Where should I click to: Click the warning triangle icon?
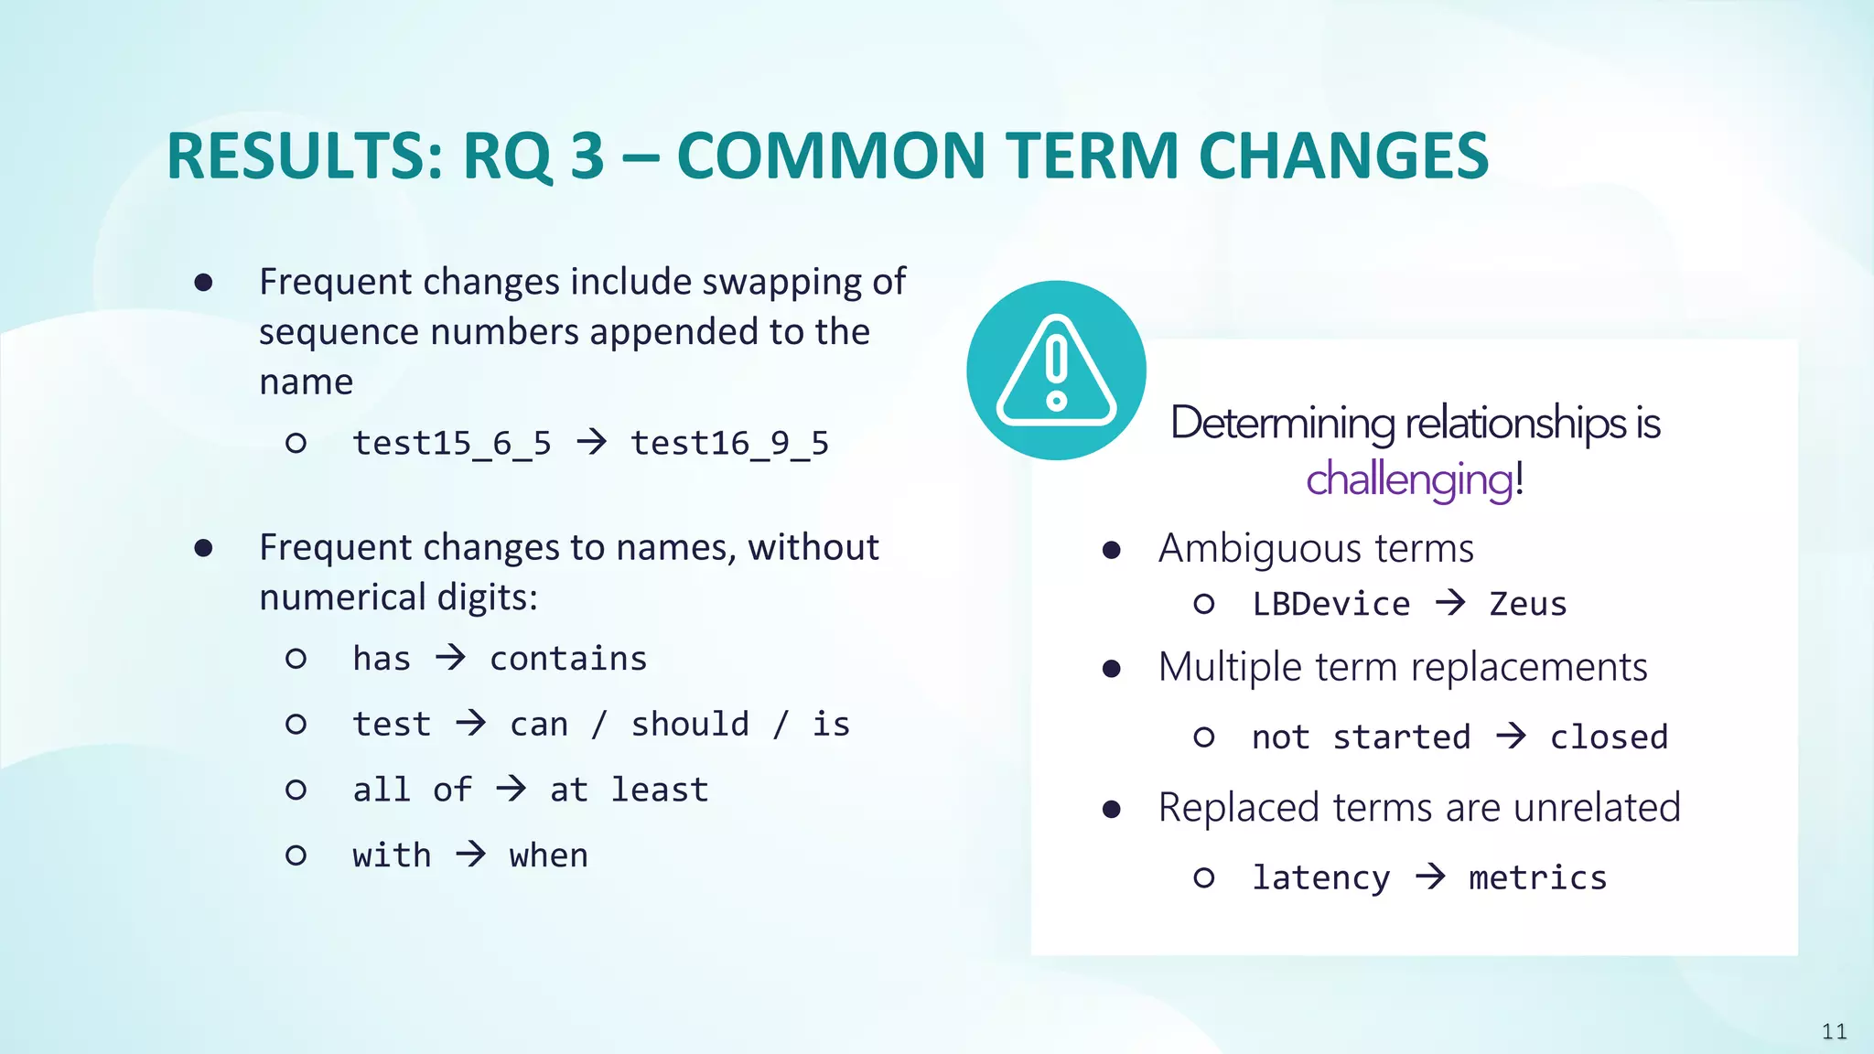(1056, 371)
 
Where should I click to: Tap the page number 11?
(1834, 1032)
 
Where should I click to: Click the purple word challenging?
(1409, 479)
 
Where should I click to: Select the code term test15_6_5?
(452, 444)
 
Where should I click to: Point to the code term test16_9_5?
(729, 444)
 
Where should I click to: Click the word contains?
(568, 659)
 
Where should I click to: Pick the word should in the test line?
(690, 725)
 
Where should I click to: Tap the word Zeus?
(1527, 605)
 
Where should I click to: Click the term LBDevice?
(1330, 605)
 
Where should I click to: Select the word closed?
(1609, 737)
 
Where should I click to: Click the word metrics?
(1537, 878)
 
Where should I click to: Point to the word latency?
(1320, 878)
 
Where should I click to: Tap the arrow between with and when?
(471, 855)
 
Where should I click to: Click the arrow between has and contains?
(450, 657)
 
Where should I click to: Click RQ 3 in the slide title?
(533, 156)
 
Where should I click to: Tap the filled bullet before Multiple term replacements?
(1112, 669)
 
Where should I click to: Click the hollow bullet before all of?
(296, 790)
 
